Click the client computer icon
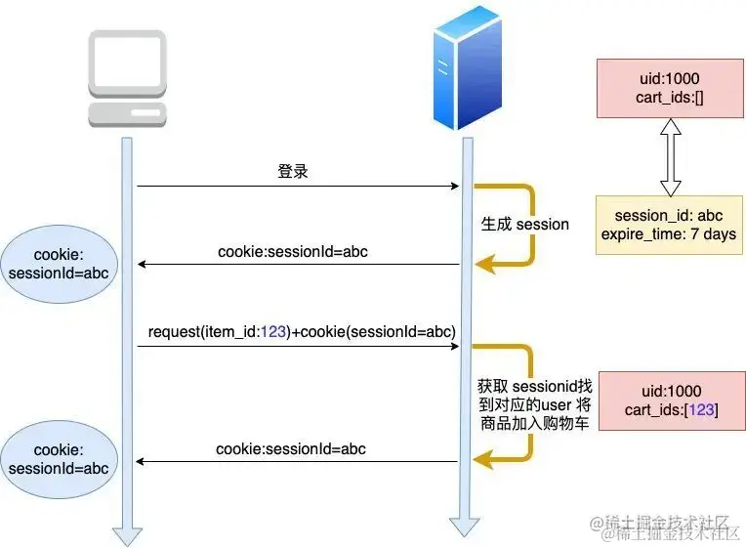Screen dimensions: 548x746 (x=127, y=78)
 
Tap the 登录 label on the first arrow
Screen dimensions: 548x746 (x=293, y=172)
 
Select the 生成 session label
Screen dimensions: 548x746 (x=525, y=224)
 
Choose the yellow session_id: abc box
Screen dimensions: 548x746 (x=669, y=225)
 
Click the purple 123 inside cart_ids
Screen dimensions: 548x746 (x=701, y=410)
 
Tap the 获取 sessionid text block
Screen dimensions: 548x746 (x=532, y=405)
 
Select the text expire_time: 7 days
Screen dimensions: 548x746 (x=669, y=234)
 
